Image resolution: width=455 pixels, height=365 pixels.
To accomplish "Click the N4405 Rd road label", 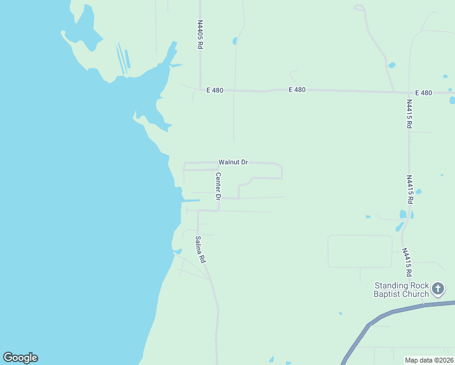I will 200,35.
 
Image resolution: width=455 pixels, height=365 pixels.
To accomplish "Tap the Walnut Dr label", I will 234,162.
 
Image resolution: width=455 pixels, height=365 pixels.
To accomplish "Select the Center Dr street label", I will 218,187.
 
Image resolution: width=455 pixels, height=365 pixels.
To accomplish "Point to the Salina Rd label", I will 200,249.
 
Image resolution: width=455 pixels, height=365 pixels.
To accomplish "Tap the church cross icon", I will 438,288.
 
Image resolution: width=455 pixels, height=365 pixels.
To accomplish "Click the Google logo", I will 20,358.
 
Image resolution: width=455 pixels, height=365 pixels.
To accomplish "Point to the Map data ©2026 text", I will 429,360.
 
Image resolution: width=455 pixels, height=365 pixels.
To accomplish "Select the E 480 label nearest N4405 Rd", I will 215,90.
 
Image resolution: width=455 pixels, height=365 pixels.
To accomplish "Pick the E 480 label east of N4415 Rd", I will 423,92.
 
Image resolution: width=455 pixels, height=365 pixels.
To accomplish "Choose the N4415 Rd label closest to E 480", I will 409,114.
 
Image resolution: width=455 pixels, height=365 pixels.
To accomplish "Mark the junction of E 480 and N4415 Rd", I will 409,92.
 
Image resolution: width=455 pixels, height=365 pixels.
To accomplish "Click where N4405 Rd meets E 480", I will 200,89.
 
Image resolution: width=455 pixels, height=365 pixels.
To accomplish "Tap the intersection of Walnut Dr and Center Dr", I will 218,163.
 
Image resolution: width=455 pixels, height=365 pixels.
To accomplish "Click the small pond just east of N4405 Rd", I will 235,41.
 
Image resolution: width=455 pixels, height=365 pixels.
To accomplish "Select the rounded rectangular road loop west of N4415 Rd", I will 360,251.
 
